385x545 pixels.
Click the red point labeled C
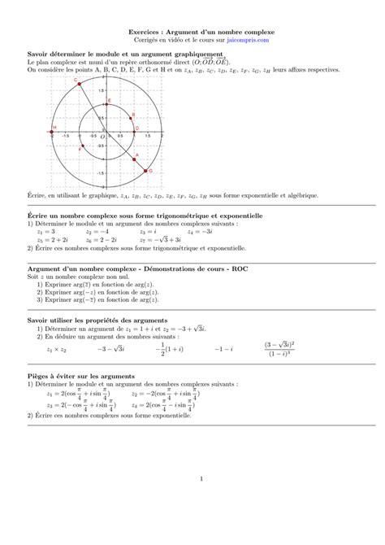(79, 82)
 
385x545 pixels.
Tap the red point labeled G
(149, 170)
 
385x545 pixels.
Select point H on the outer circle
(54, 128)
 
